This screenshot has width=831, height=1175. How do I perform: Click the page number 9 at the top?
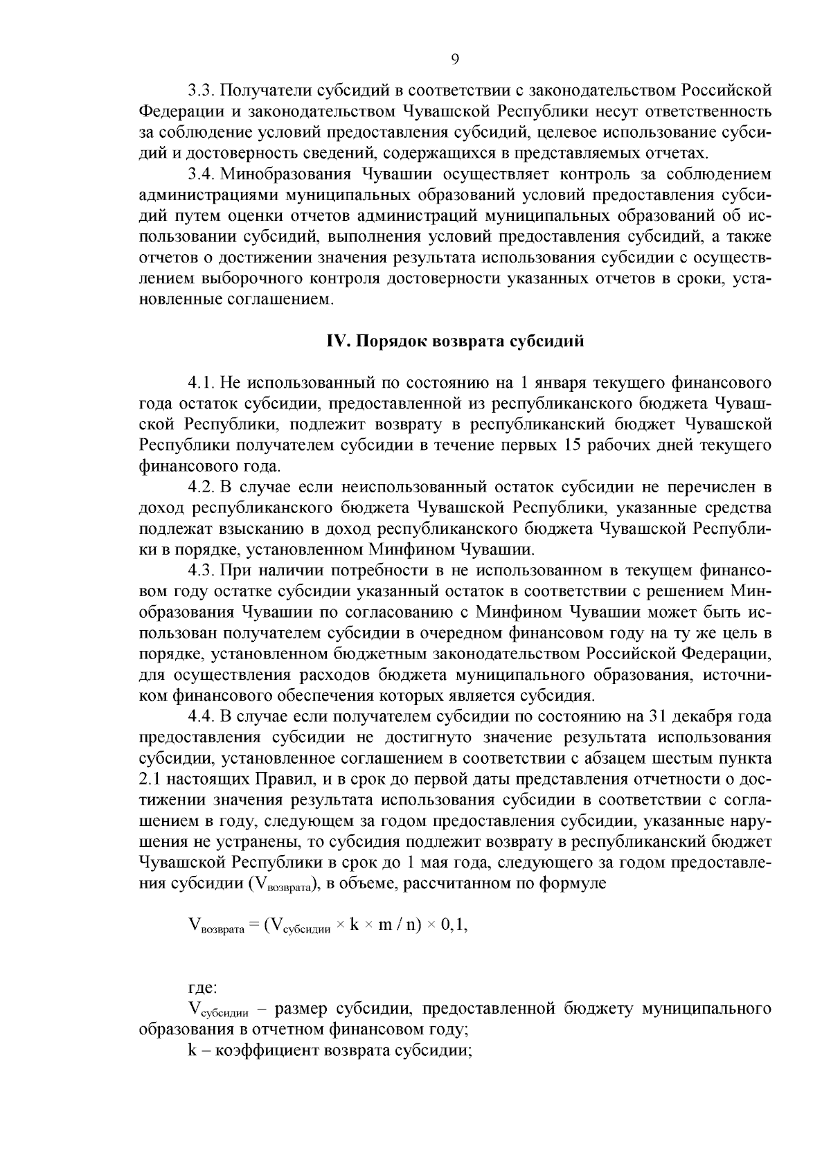point(455,59)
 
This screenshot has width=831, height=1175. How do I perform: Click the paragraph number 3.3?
point(201,90)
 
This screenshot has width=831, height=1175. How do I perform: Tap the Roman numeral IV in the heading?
point(337,341)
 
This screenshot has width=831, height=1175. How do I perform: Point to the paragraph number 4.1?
point(201,382)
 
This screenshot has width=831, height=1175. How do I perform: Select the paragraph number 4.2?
point(201,487)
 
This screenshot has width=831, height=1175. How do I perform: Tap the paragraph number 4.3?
point(201,571)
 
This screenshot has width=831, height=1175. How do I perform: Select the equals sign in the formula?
point(254,926)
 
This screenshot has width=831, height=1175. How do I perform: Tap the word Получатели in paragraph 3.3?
point(265,90)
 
